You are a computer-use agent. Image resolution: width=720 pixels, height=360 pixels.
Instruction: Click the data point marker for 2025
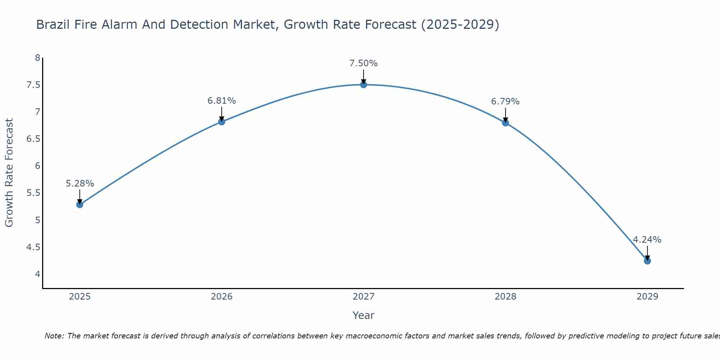[80, 204]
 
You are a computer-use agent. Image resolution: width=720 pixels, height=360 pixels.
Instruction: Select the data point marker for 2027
[364, 85]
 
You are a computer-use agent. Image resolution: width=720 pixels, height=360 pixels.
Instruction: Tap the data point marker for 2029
[647, 261]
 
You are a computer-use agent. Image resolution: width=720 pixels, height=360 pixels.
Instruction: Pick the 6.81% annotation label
[221, 101]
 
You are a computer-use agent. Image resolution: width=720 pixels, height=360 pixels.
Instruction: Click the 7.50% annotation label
[364, 63]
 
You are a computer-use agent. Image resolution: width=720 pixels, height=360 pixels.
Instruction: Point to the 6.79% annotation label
[505, 102]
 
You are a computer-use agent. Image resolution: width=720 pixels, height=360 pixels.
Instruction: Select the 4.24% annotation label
[647, 240]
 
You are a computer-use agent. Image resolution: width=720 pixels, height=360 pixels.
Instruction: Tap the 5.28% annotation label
[80, 184]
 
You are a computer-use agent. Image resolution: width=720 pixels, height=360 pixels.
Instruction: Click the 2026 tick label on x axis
[221, 297]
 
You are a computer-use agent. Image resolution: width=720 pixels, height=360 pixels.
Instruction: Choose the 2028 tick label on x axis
[505, 297]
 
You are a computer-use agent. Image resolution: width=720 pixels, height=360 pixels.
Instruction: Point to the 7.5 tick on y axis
[33, 85]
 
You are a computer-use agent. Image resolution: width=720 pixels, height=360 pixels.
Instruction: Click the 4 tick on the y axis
[37, 274]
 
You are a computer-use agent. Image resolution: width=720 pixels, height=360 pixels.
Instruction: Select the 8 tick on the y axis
[37, 58]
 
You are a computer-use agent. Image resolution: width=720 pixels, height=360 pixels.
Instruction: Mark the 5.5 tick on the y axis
[33, 193]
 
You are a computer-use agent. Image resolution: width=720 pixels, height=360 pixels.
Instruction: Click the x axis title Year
[364, 315]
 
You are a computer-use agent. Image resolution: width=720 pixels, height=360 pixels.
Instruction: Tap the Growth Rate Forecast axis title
[9, 173]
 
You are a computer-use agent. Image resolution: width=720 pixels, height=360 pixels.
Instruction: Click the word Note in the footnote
[54, 336]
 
